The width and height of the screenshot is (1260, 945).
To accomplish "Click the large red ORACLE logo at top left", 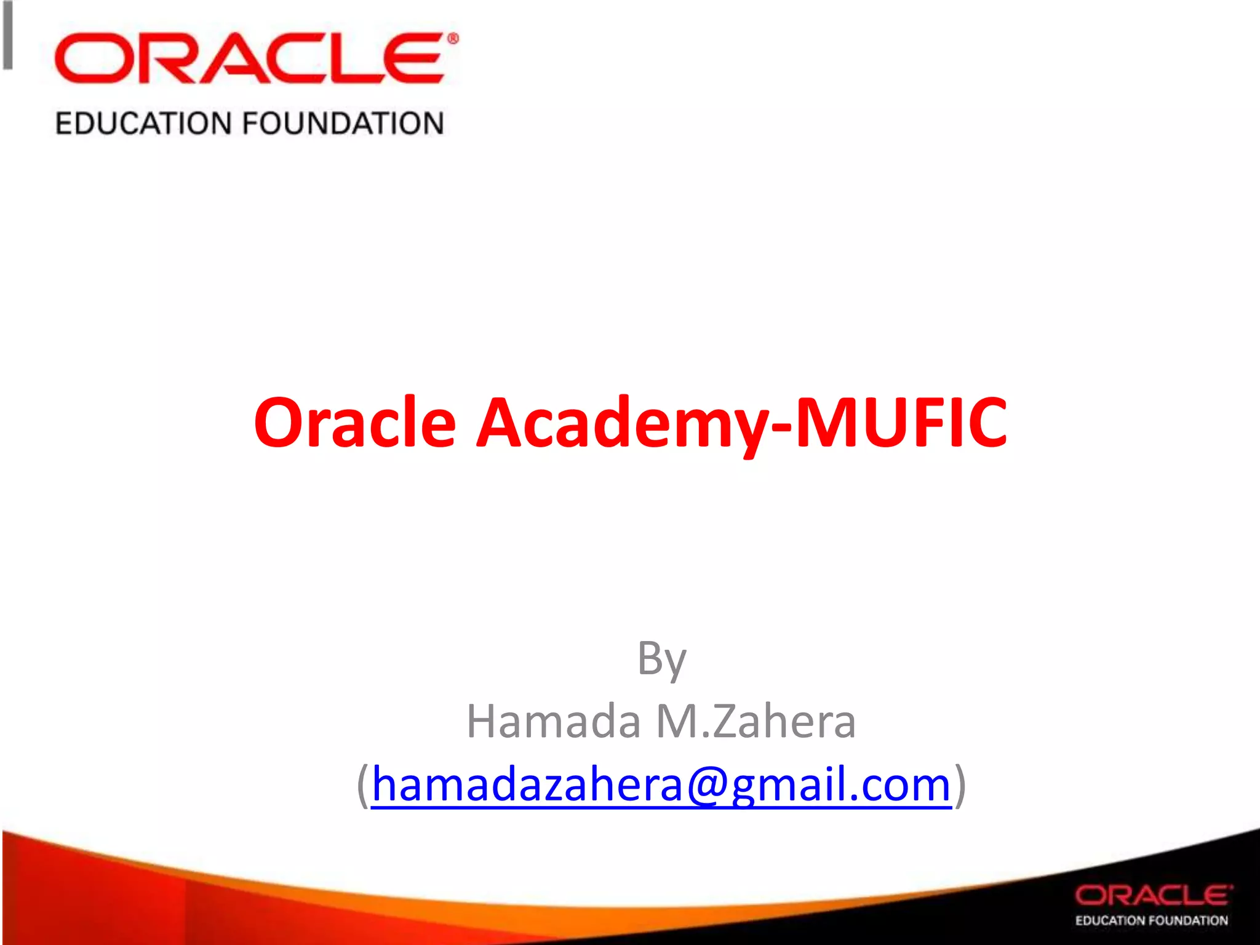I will coord(249,58).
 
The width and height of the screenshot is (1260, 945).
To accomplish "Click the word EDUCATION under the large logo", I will coord(142,123).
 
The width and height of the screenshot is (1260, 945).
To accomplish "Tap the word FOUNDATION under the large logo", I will coord(343,123).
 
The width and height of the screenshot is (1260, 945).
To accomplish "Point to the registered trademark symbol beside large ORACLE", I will coord(452,39).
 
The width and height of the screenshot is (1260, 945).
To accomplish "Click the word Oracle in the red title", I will coord(355,423).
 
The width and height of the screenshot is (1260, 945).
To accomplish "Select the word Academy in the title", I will coord(621,423).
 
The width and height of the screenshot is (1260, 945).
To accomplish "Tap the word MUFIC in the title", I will coord(901,423).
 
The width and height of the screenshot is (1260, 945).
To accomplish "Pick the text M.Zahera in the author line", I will coord(756,721).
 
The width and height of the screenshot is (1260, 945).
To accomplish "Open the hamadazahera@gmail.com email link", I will coord(661,784).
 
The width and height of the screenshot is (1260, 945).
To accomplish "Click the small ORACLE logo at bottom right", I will coord(1154,895).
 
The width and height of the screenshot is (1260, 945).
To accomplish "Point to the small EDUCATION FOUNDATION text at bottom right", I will coord(1151,920).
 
